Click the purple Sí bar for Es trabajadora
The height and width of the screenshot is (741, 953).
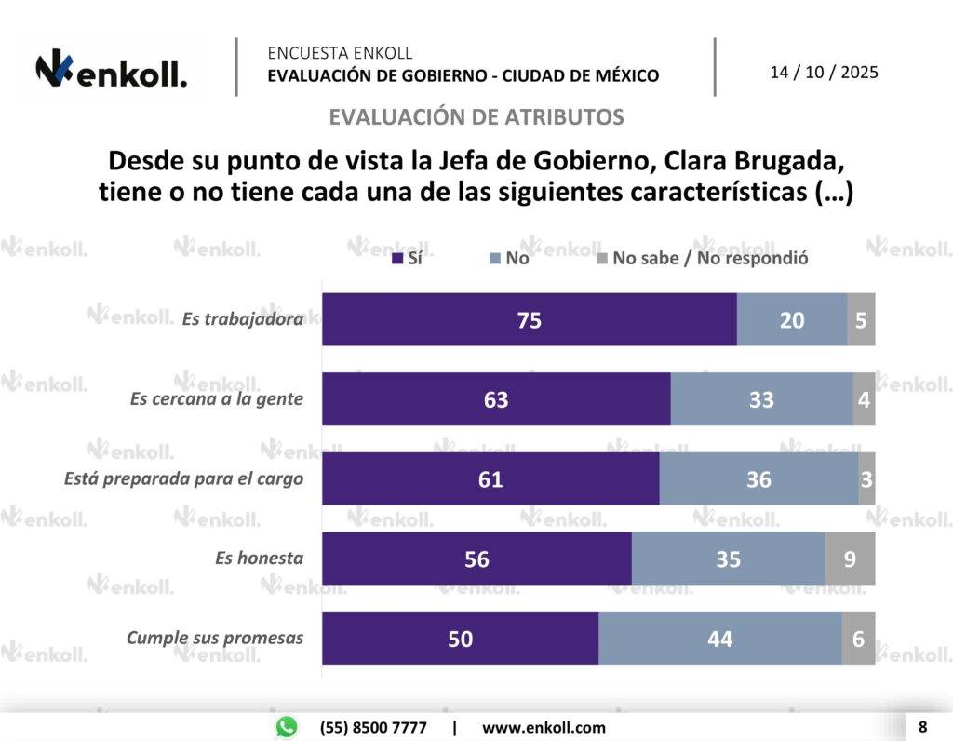[x=530, y=319]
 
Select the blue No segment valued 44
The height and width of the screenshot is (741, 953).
[x=719, y=639]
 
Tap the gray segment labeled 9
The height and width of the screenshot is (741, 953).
[x=850, y=559]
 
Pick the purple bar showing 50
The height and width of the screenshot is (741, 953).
[x=460, y=639]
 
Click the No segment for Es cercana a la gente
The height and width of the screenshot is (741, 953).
[x=761, y=399]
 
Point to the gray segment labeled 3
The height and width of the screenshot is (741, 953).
[x=866, y=479]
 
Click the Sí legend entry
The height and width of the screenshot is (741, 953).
[x=408, y=258]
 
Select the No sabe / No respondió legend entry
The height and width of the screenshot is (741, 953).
[x=702, y=258]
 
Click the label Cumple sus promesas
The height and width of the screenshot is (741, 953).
[x=215, y=639]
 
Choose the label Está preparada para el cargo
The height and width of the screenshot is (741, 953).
[x=184, y=479]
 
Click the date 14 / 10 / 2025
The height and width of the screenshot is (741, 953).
[x=824, y=73]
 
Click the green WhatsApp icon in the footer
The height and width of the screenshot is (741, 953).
[x=287, y=727]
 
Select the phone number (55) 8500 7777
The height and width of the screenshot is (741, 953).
[x=373, y=727]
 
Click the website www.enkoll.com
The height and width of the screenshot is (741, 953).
[x=544, y=727]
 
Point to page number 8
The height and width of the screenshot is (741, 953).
[x=922, y=726]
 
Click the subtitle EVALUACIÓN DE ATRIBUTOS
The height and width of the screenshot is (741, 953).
[x=476, y=117]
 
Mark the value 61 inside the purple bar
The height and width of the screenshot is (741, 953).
[x=490, y=479]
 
